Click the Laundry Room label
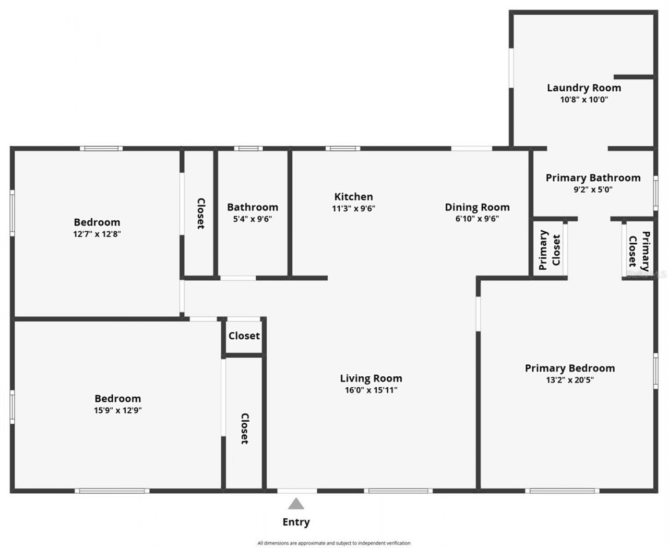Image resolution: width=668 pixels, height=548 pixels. coord(583,88)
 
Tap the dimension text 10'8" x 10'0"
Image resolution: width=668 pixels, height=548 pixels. coord(584,100)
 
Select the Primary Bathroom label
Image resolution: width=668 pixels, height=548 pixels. coord(593,178)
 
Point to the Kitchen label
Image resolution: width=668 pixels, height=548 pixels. coord(353,197)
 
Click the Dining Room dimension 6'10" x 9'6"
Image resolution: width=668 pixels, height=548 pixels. coord(477,219)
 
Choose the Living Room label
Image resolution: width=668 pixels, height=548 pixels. coord(371,378)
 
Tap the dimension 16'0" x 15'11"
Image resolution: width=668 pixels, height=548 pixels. coord(371,390)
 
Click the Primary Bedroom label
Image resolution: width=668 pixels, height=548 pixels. coord(569,368)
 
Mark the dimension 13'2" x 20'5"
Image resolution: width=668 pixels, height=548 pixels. coord(569,380)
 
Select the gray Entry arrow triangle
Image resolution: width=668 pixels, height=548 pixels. coord(296,504)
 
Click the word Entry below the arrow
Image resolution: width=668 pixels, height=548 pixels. coord(296,522)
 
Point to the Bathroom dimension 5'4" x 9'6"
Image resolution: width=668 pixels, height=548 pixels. coord(252,219)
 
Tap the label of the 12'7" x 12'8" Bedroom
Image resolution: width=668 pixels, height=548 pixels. coord(97,222)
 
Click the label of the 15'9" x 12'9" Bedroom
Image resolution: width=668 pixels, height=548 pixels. coord(117,399)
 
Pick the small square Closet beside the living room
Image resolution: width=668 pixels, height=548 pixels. coord(244,336)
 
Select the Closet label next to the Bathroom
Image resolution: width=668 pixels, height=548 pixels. coord(200,213)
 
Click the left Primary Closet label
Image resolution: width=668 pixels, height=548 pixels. coord(550,249)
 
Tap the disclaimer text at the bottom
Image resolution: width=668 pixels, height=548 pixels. coord(333,543)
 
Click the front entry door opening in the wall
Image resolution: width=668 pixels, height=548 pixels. coord(296,491)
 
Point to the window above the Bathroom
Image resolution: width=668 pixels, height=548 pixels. coord(248,149)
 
